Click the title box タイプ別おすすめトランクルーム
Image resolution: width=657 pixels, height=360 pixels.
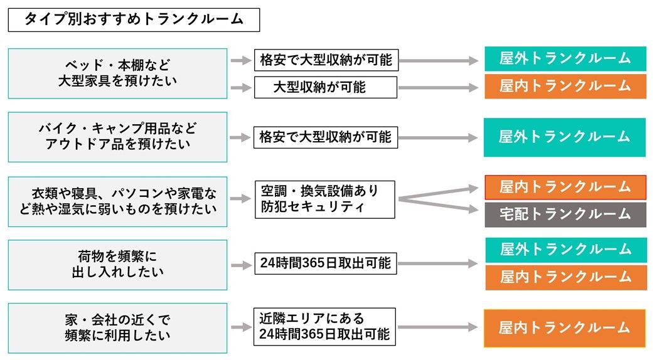(x=133, y=19)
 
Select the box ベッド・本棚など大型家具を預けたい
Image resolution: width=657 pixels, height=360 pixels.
(x=117, y=73)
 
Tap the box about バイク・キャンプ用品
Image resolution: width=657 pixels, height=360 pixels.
(x=117, y=137)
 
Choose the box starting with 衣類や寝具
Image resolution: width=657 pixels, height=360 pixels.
(x=117, y=201)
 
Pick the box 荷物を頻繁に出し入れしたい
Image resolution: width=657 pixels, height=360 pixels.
(x=117, y=264)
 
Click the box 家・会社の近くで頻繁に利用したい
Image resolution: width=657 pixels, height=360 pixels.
(x=117, y=327)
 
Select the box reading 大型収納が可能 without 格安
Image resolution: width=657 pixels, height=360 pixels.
(x=325, y=88)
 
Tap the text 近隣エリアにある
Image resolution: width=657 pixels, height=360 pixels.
(x=311, y=318)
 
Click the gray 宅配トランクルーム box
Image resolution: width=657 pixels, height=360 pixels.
(x=565, y=214)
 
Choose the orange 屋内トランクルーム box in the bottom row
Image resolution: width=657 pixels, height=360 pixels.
(x=564, y=328)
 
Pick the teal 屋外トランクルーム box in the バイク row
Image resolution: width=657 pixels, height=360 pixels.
(x=564, y=137)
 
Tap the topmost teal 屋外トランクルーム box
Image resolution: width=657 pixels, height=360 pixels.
(x=565, y=59)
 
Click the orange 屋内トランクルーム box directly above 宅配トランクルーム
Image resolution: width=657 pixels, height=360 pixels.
(x=565, y=187)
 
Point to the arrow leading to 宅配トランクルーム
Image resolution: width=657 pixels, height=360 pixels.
(x=439, y=205)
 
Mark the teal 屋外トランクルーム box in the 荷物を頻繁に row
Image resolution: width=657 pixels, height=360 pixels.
(x=565, y=250)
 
